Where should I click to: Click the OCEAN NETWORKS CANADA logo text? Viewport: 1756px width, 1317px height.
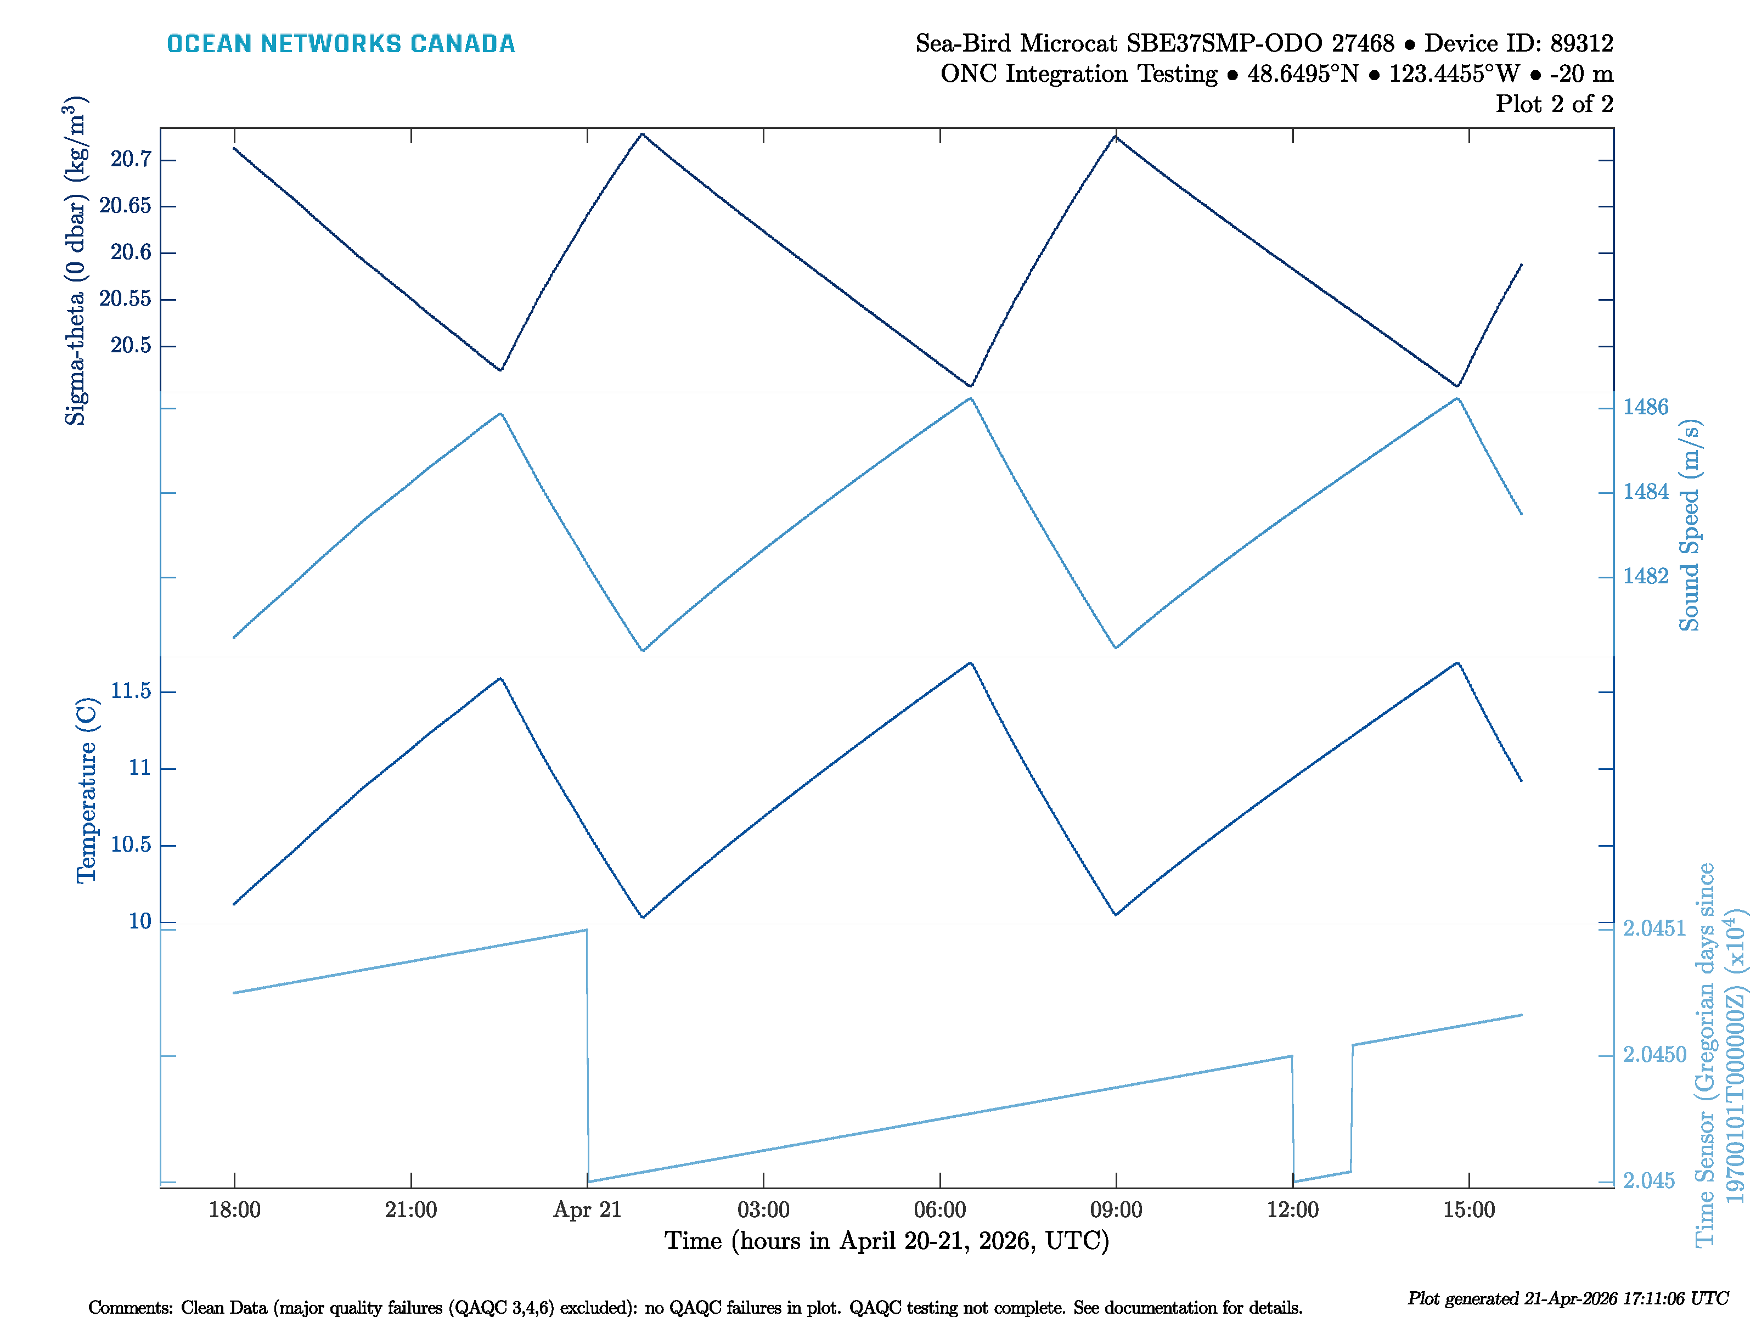point(341,44)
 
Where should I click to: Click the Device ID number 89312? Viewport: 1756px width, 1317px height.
point(1581,43)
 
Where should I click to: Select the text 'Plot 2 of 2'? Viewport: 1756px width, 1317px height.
point(1555,104)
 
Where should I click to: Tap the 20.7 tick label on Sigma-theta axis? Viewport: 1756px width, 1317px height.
point(131,160)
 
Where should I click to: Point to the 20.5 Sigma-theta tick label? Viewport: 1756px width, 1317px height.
point(131,345)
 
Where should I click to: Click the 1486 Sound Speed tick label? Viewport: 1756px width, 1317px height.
point(1646,407)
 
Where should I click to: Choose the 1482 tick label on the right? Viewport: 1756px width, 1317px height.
point(1646,576)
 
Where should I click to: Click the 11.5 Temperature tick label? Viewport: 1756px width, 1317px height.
point(131,691)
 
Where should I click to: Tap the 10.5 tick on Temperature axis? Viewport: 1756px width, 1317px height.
point(131,845)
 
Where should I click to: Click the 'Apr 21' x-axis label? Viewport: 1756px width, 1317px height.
point(588,1210)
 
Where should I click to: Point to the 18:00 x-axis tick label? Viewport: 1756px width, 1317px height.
point(234,1210)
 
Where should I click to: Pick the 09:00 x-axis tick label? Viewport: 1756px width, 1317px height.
point(1116,1210)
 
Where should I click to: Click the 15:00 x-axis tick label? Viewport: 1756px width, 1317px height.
point(1468,1210)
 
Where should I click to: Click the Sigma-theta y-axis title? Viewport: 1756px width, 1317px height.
point(75,261)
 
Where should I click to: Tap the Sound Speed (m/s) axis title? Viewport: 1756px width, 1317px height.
point(1689,526)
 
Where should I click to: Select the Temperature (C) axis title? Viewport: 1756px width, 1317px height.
point(86,791)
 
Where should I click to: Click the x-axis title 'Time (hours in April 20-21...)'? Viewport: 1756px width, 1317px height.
point(887,1241)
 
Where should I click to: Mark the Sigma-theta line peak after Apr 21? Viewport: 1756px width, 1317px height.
point(642,134)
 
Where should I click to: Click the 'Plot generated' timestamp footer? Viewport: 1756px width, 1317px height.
point(1568,1299)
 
